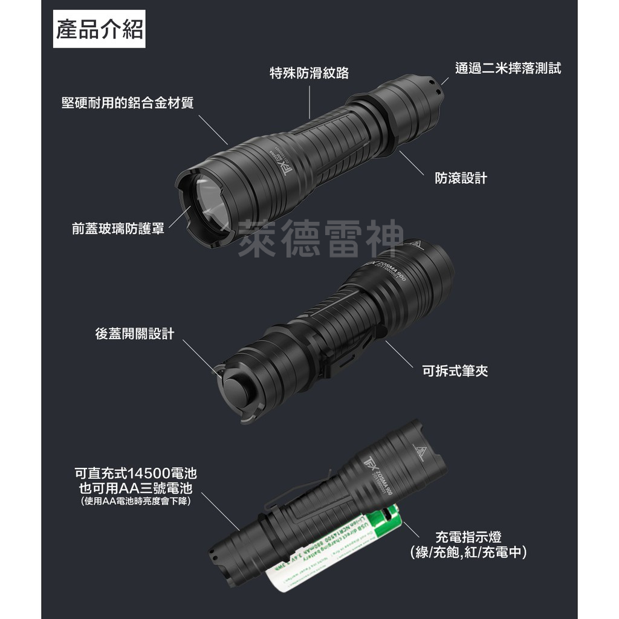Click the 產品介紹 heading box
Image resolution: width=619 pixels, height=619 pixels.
click(99, 30)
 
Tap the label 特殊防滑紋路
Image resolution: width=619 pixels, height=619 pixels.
click(309, 73)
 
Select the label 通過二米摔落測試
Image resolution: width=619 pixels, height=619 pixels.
click(508, 68)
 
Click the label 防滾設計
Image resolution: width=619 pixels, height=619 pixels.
click(461, 178)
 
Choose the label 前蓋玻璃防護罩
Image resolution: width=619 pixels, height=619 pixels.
click(118, 228)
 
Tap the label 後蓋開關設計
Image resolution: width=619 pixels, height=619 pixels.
click(134, 333)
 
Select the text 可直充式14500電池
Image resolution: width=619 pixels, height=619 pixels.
click(135, 473)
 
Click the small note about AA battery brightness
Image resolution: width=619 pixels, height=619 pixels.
click(135, 501)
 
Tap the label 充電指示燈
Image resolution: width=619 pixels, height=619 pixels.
click(468, 536)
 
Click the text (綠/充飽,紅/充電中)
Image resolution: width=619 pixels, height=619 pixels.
click(468, 552)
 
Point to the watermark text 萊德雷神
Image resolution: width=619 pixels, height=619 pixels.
click(320, 238)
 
